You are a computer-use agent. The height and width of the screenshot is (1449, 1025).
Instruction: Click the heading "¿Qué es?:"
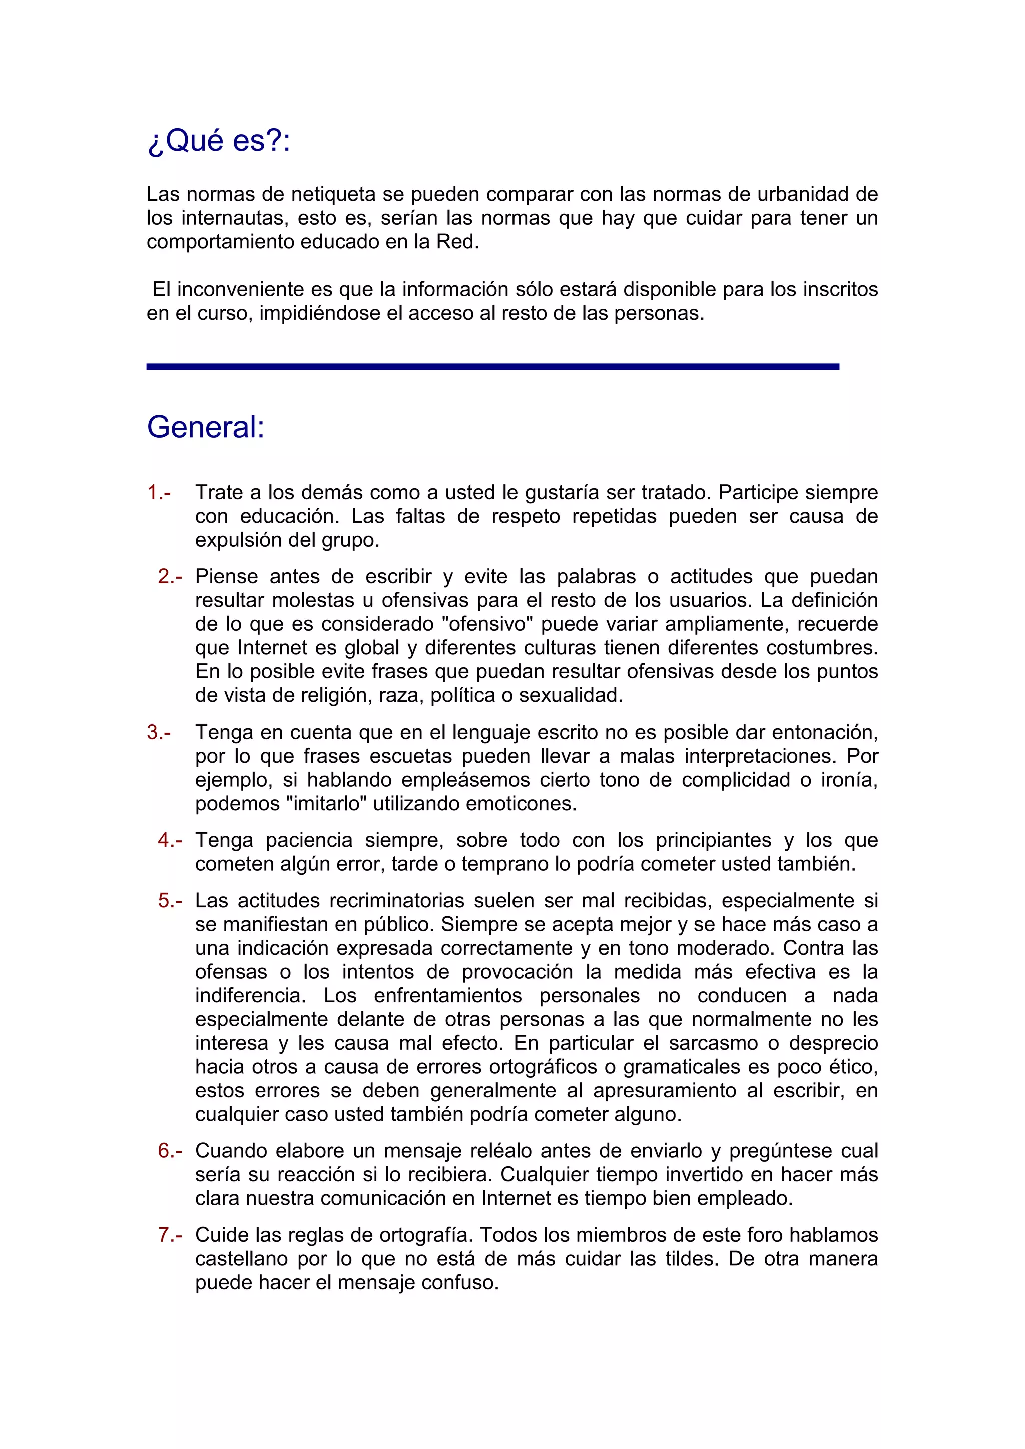pos(218,140)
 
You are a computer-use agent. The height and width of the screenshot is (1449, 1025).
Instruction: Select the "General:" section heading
pos(206,427)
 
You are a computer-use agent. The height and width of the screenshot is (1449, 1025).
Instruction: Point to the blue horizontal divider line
pos(492,367)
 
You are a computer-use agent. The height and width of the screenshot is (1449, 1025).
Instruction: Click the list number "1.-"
pos(159,492)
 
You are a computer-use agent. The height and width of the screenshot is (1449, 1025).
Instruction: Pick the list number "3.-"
pos(159,732)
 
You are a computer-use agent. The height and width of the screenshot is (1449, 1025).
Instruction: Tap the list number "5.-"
pos(170,900)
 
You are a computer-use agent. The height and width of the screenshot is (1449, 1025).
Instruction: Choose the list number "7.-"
pos(170,1235)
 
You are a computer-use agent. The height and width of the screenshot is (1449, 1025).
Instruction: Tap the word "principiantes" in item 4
pos(713,840)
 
